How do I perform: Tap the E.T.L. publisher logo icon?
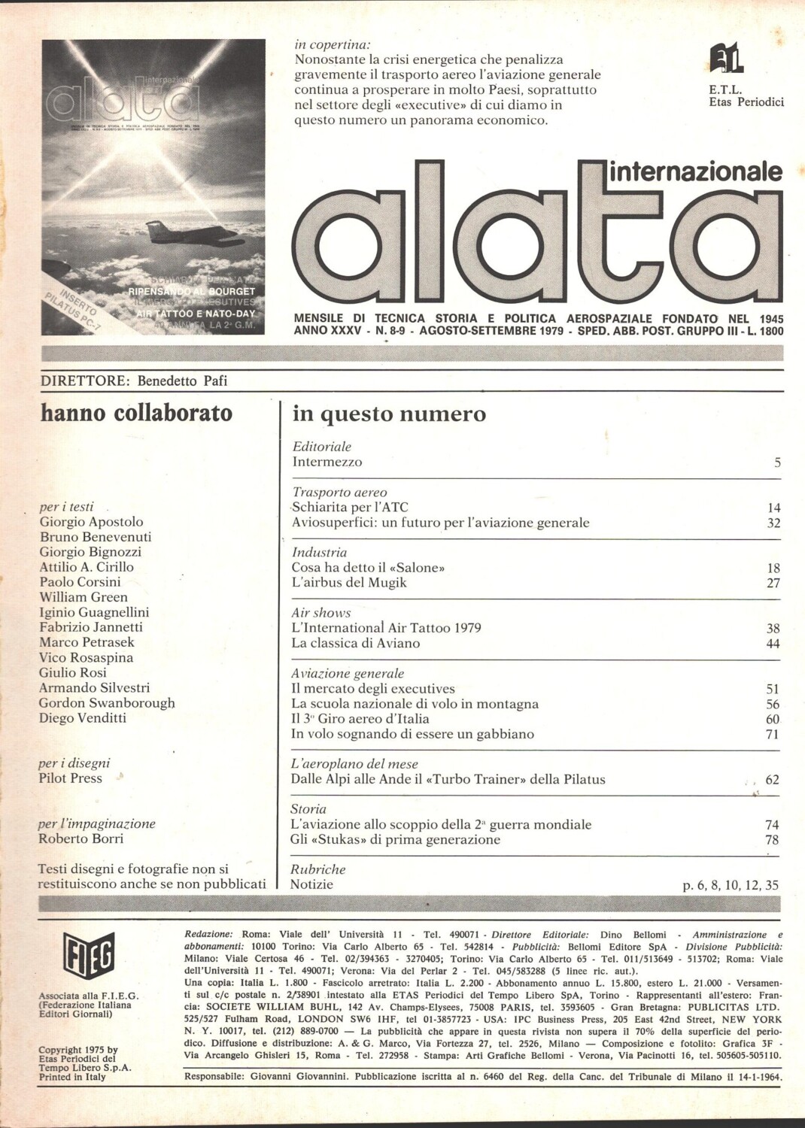click(x=726, y=59)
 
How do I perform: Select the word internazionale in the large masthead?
click(x=695, y=171)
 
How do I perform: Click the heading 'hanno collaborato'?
click(x=136, y=413)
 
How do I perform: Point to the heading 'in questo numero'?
click(x=389, y=414)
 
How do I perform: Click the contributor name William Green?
click(x=84, y=597)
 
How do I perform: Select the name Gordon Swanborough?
click(x=107, y=702)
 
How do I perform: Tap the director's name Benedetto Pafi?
click(x=182, y=381)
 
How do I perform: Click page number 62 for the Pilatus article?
click(x=772, y=780)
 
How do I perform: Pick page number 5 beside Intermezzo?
click(x=777, y=462)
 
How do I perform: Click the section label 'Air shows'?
click(x=321, y=613)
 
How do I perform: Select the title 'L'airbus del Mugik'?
click(x=349, y=583)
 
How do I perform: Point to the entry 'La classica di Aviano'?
click(x=355, y=644)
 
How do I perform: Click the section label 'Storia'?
click(x=308, y=809)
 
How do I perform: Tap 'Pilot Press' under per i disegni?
click(x=70, y=778)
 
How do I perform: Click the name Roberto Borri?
click(x=80, y=838)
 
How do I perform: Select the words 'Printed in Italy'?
click(x=72, y=1077)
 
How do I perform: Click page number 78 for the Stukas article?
click(x=772, y=840)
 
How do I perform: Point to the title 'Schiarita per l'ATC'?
click(x=350, y=508)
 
